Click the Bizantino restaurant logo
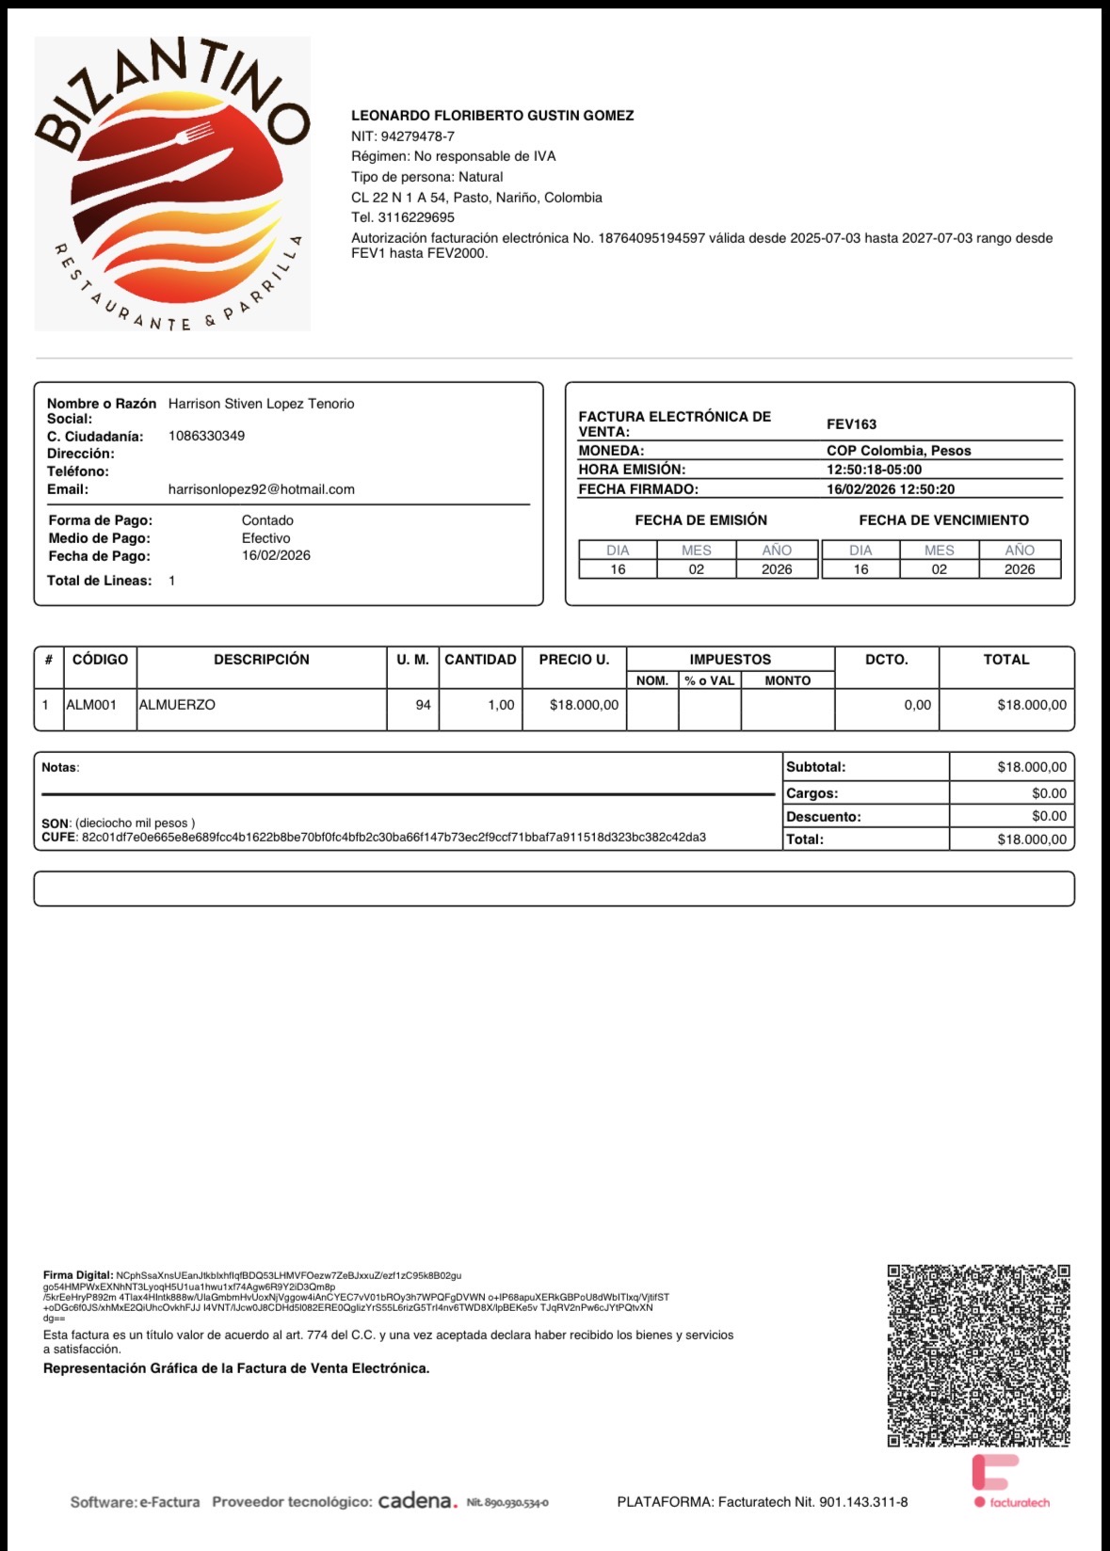[172, 184]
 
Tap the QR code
[978, 1355]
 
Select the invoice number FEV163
[851, 424]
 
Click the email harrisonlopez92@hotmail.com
[261, 489]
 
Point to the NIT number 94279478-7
[417, 136]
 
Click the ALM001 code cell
[91, 705]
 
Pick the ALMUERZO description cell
[177, 705]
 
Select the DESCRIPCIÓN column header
[261, 660]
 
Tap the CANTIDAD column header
[480, 660]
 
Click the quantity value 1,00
[501, 705]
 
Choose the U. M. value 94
[423, 705]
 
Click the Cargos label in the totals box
[812, 793]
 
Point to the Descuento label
[823, 817]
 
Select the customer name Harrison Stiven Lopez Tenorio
[261, 404]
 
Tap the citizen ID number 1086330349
[206, 436]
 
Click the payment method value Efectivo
[265, 538]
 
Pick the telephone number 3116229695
[415, 217]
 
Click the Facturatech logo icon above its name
[994, 1472]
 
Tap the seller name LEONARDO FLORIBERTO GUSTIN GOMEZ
[492, 116]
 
